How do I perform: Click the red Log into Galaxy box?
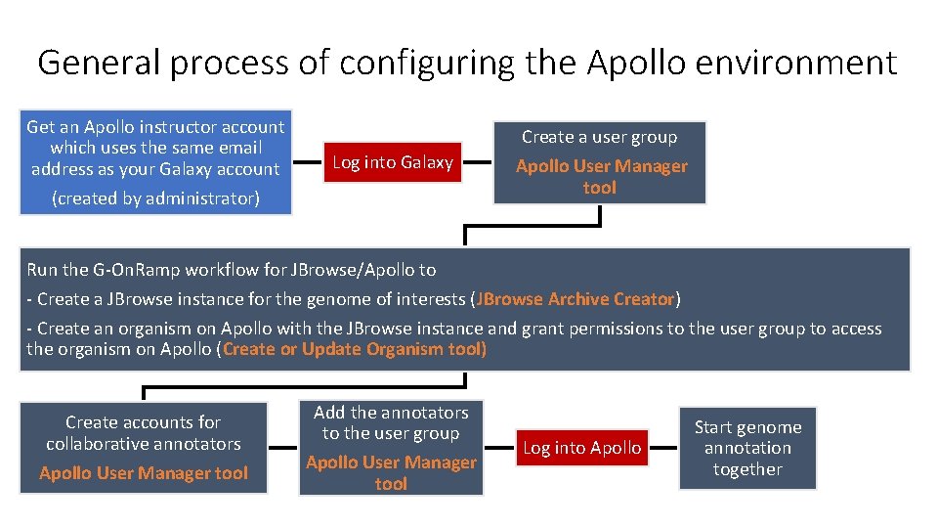pos(393,162)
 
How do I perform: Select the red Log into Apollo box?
pos(582,448)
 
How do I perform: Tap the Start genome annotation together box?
pos(747,448)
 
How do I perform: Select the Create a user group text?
pos(599,137)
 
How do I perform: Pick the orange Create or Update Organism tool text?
pos(355,349)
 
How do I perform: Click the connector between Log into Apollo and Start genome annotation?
pos(664,448)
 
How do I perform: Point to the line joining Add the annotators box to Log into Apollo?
pos(499,448)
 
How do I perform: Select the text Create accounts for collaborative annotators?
pos(144,433)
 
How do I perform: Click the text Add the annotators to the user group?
pos(391,422)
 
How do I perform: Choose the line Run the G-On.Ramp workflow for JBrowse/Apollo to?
pos(232,270)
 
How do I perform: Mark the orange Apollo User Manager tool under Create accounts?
pos(144,473)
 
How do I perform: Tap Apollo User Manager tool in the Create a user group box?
pos(601,176)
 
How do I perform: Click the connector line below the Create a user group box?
pos(533,228)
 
